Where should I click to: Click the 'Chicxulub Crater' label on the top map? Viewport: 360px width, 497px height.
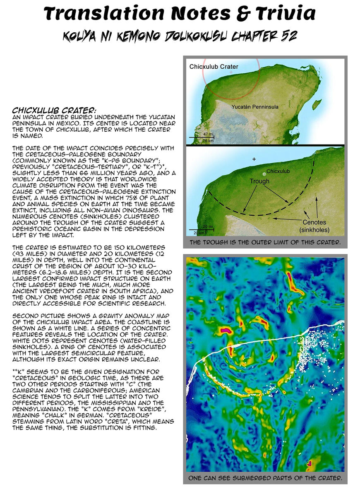point(214,66)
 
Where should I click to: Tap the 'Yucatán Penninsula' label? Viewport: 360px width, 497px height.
point(255,107)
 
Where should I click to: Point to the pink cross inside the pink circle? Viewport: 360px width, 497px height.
point(231,72)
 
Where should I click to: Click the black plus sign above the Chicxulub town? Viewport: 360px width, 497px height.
point(254,159)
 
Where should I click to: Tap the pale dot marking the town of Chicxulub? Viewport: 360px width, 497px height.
point(264,174)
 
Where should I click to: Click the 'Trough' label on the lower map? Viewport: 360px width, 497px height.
point(259,181)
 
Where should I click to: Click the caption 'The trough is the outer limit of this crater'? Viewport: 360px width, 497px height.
point(265,242)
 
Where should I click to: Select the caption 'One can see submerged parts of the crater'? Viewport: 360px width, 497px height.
point(265,478)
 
